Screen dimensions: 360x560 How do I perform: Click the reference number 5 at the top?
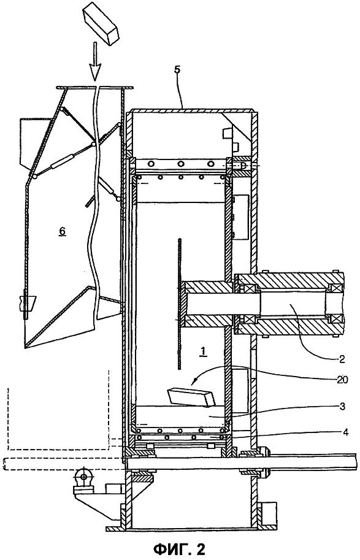(x=177, y=69)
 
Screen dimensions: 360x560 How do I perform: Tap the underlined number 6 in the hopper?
(x=62, y=232)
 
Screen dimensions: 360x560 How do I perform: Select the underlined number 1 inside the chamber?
(x=202, y=352)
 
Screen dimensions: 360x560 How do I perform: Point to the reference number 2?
(x=342, y=359)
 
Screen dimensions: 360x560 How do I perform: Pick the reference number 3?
(x=342, y=407)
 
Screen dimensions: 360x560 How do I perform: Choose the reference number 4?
(x=345, y=432)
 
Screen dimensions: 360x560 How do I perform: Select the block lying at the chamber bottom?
(x=191, y=397)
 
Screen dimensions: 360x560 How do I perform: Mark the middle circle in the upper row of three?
(x=182, y=164)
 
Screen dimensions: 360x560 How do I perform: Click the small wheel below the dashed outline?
(x=83, y=476)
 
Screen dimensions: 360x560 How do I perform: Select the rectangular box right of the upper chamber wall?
(x=240, y=217)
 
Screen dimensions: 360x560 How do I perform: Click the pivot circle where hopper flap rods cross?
(x=94, y=145)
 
